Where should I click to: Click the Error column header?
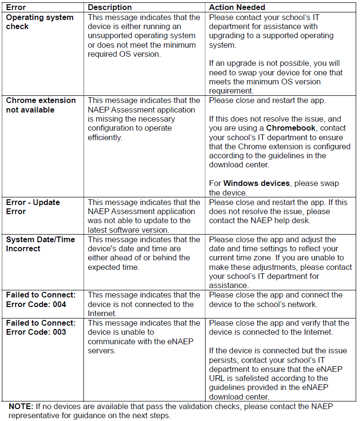pos(16,8)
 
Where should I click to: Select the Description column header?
pos(110,8)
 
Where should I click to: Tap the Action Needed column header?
pos(237,8)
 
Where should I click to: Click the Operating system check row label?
pos(40,22)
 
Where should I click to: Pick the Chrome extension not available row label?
pos(41,105)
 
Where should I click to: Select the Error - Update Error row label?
pos(32,207)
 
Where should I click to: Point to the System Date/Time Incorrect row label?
pos(40,244)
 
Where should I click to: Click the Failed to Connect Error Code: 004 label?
pos(41,299)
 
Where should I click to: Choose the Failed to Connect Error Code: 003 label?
pos(41,328)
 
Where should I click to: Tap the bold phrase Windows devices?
pos(257,184)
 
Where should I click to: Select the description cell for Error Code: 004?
pos(144,304)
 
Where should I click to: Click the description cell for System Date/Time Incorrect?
pos(144,253)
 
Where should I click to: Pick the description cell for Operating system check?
pos(144,36)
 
